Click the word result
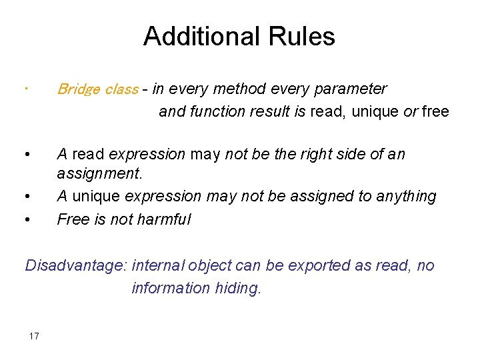click(x=270, y=111)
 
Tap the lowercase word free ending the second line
click(x=435, y=111)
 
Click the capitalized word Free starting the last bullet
click(x=72, y=219)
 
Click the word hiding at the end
click(x=237, y=288)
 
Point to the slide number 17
click(x=34, y=336)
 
